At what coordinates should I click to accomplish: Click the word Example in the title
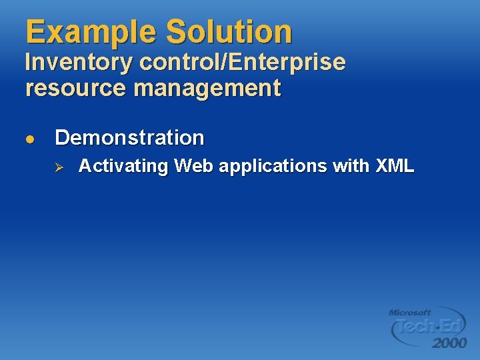pos(91,31)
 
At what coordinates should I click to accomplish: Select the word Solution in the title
pos(229,31)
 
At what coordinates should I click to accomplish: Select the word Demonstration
pos(129,138)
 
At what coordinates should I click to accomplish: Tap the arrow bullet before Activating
pos(58,167)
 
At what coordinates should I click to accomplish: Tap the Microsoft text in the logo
pos(410,312)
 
